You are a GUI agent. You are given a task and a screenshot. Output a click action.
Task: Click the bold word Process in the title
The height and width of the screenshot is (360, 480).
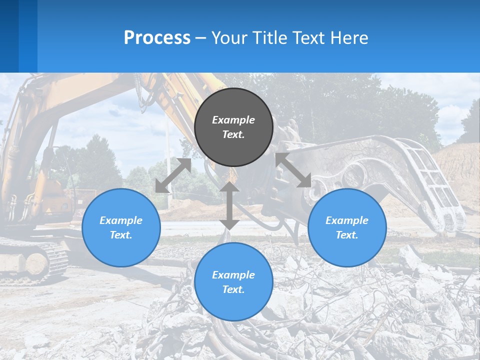click(157, 38)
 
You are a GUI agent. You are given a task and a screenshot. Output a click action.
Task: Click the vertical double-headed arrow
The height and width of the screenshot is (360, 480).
click(229, 205)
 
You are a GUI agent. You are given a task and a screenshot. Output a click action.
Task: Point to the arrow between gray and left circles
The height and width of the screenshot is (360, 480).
click(173, 175)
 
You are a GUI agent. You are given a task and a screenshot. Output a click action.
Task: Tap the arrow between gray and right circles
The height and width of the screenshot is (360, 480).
click(293, 170)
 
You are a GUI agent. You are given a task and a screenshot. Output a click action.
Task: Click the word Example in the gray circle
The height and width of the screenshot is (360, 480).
click(233, 120)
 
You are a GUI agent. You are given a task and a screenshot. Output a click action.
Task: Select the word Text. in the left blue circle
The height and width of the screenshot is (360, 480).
click(121, 235)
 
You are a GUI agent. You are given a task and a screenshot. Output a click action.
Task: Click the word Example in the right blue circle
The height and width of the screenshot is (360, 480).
click(347, 220)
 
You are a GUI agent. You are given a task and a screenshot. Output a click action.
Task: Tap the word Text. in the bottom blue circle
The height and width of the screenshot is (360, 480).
click(233, 289)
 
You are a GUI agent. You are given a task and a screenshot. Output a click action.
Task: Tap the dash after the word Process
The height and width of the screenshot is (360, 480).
click(201, 38)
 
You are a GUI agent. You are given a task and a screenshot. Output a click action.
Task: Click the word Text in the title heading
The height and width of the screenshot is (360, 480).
click(308, 38)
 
